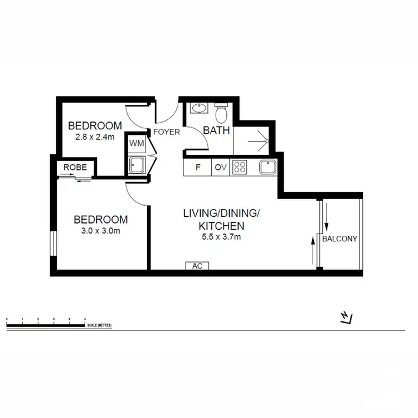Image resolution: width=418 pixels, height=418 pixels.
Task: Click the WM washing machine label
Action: (x=137, y=143)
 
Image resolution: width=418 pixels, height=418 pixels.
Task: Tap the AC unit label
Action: (x=197, y=266)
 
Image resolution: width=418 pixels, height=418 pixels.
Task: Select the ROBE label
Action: (x=75, y=167)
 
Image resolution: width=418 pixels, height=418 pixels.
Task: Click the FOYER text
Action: (x=167, y=132)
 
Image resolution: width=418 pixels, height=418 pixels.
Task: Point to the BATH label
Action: (x=212, y=131)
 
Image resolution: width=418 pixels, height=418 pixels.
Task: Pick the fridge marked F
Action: (x=197, y=167)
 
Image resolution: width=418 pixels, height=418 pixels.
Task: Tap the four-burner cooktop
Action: (x=240, y=167)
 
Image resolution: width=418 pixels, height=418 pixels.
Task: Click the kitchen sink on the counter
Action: (x=268, y=167)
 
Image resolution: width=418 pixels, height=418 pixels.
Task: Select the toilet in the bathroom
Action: (x=221, y=113)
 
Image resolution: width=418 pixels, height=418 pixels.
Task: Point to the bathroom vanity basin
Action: (x=198, y=109)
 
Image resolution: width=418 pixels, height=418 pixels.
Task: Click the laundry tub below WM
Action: (x=137, y=164)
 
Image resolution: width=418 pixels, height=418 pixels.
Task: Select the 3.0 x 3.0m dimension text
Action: (x=101, y=230)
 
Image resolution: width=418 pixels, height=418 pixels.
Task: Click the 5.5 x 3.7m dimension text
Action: (x=221, y=237)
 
